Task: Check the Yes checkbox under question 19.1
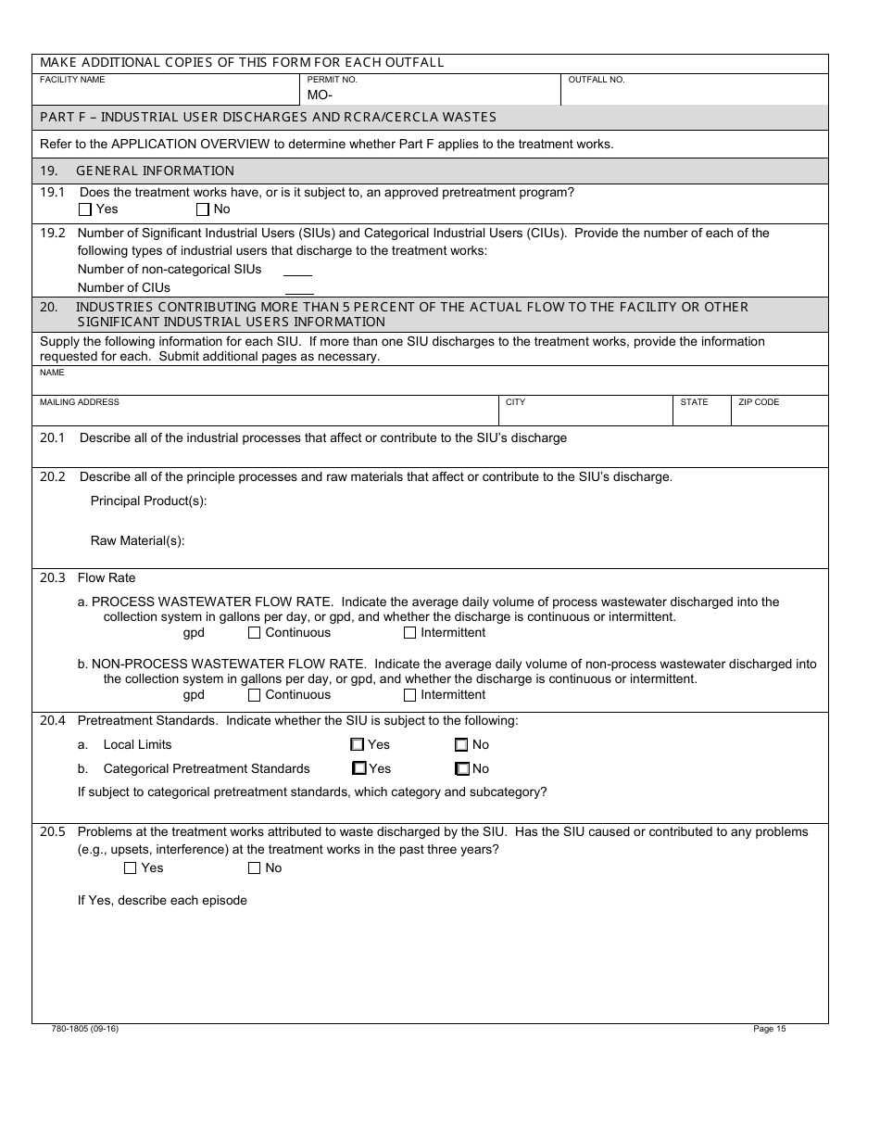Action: coord(85,209)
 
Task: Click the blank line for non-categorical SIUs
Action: coord(297,271)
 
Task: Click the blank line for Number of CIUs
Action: coord(297,288)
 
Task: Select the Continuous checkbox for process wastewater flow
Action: coord(255,633)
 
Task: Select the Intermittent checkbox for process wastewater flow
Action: coord(410,633)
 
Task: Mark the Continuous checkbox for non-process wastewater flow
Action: coord(255,695)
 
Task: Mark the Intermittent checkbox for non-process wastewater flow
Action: coord(410,695)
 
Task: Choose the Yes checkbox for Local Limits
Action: coord(358,744)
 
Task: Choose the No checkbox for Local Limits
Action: coord(461,744)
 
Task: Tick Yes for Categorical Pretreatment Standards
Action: coord(359,768)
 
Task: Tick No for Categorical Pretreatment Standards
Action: coord(462,768)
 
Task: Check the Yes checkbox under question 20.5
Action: coord(131,868)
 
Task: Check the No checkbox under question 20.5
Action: coord(255,868)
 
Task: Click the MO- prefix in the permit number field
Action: coord(320,95)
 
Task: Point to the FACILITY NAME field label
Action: coord(72,80)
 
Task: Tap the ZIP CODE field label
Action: coord(759,402)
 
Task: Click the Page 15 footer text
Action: coord(769,1029)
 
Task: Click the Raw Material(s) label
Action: coord(137,541)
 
